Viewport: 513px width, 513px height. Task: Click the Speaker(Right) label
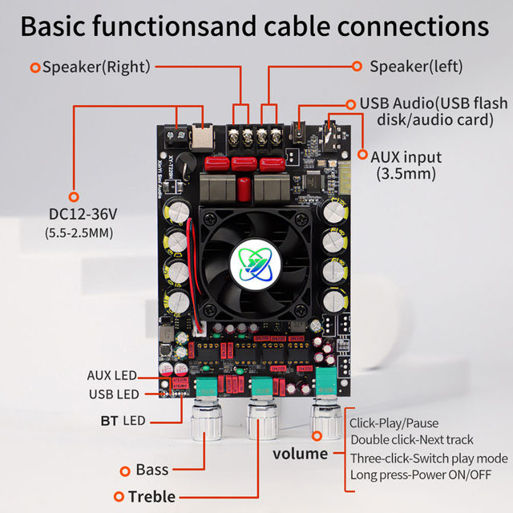point(96,67)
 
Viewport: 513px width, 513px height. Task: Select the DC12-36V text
point(83,215)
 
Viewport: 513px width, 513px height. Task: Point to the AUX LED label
point(112,375)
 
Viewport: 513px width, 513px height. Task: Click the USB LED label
point(113,394)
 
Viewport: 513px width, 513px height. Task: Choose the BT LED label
point(123,421)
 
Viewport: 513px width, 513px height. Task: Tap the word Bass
point(152,470)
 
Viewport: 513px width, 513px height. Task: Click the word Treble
point(151,497)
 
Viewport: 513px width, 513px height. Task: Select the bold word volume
point(300,454)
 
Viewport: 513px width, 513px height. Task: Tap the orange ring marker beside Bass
point(125,471)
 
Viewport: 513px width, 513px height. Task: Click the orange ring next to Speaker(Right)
point(34,67)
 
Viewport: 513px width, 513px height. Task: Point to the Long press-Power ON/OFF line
point(421,475)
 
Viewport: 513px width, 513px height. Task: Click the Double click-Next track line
point(412,439)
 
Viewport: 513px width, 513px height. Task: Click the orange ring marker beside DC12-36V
point(74,196)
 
